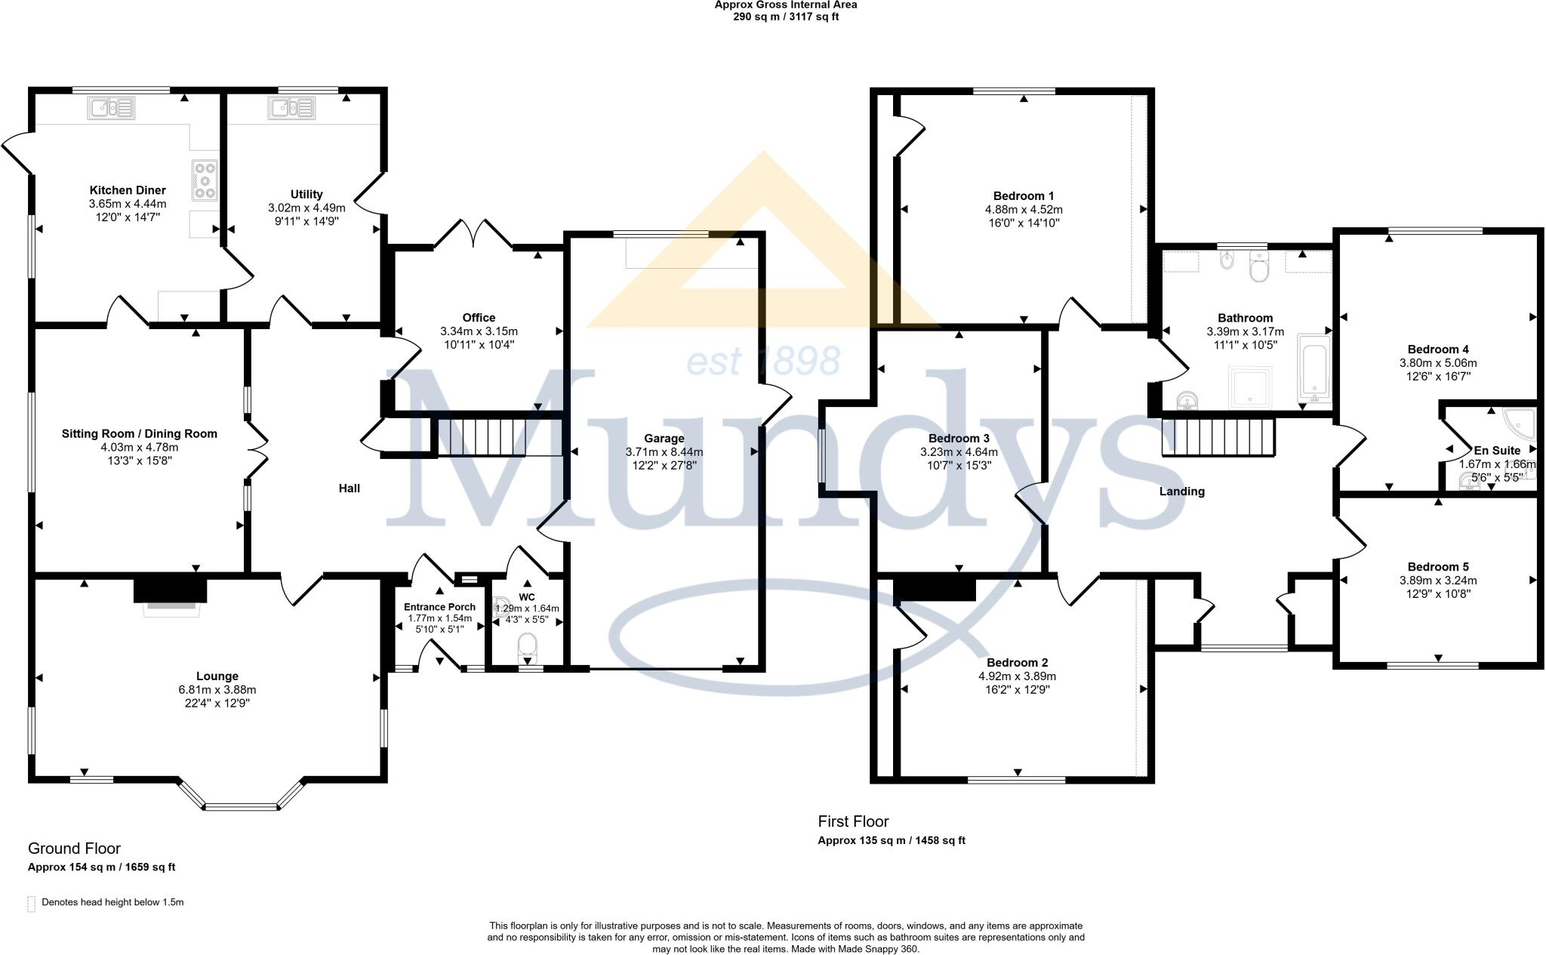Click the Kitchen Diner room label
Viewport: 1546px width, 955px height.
(x=128, y=190)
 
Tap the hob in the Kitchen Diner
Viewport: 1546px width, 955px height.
(x=205, y=180)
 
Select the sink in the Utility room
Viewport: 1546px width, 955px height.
(x=291, y=109)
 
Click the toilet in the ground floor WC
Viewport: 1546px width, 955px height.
(x=527, y=647)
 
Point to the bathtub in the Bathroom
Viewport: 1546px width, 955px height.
(x=1315, y=369)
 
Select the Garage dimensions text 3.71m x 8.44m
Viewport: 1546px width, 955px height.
(x=664, y=452)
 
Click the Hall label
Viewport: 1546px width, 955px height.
(x=349, y=488)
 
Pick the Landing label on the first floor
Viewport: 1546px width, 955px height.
(x=1181, y=491)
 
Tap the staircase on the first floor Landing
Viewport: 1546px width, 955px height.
(x=1218, y=437)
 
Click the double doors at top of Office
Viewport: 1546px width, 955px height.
(x=473, y=233)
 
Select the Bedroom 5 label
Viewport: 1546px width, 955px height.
(x=1437, y=567)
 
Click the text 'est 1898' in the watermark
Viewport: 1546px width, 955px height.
(x=762, y=361)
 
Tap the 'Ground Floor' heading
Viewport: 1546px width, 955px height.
(x=74, y=849)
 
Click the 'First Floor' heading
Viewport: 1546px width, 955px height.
(x=853, y=821)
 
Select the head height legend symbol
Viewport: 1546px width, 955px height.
(x=32, y=904)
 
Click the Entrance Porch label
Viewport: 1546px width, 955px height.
(x=439, y=607)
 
